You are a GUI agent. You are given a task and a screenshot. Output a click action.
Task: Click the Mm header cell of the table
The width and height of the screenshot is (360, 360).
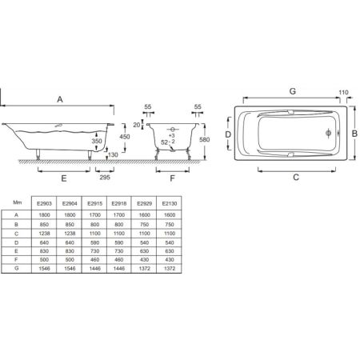[18, 203]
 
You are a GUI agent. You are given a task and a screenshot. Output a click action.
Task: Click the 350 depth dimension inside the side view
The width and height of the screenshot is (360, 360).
[97, 141]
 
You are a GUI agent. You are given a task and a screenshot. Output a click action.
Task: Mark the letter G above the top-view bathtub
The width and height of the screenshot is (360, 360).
[293, 92]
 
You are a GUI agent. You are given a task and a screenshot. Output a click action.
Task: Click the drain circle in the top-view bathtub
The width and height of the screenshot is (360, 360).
[328, 134]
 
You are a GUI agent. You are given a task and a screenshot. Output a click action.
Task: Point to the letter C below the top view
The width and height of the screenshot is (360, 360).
[296, 178]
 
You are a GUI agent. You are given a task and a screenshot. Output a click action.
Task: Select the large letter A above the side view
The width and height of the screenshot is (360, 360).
[61, 98]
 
